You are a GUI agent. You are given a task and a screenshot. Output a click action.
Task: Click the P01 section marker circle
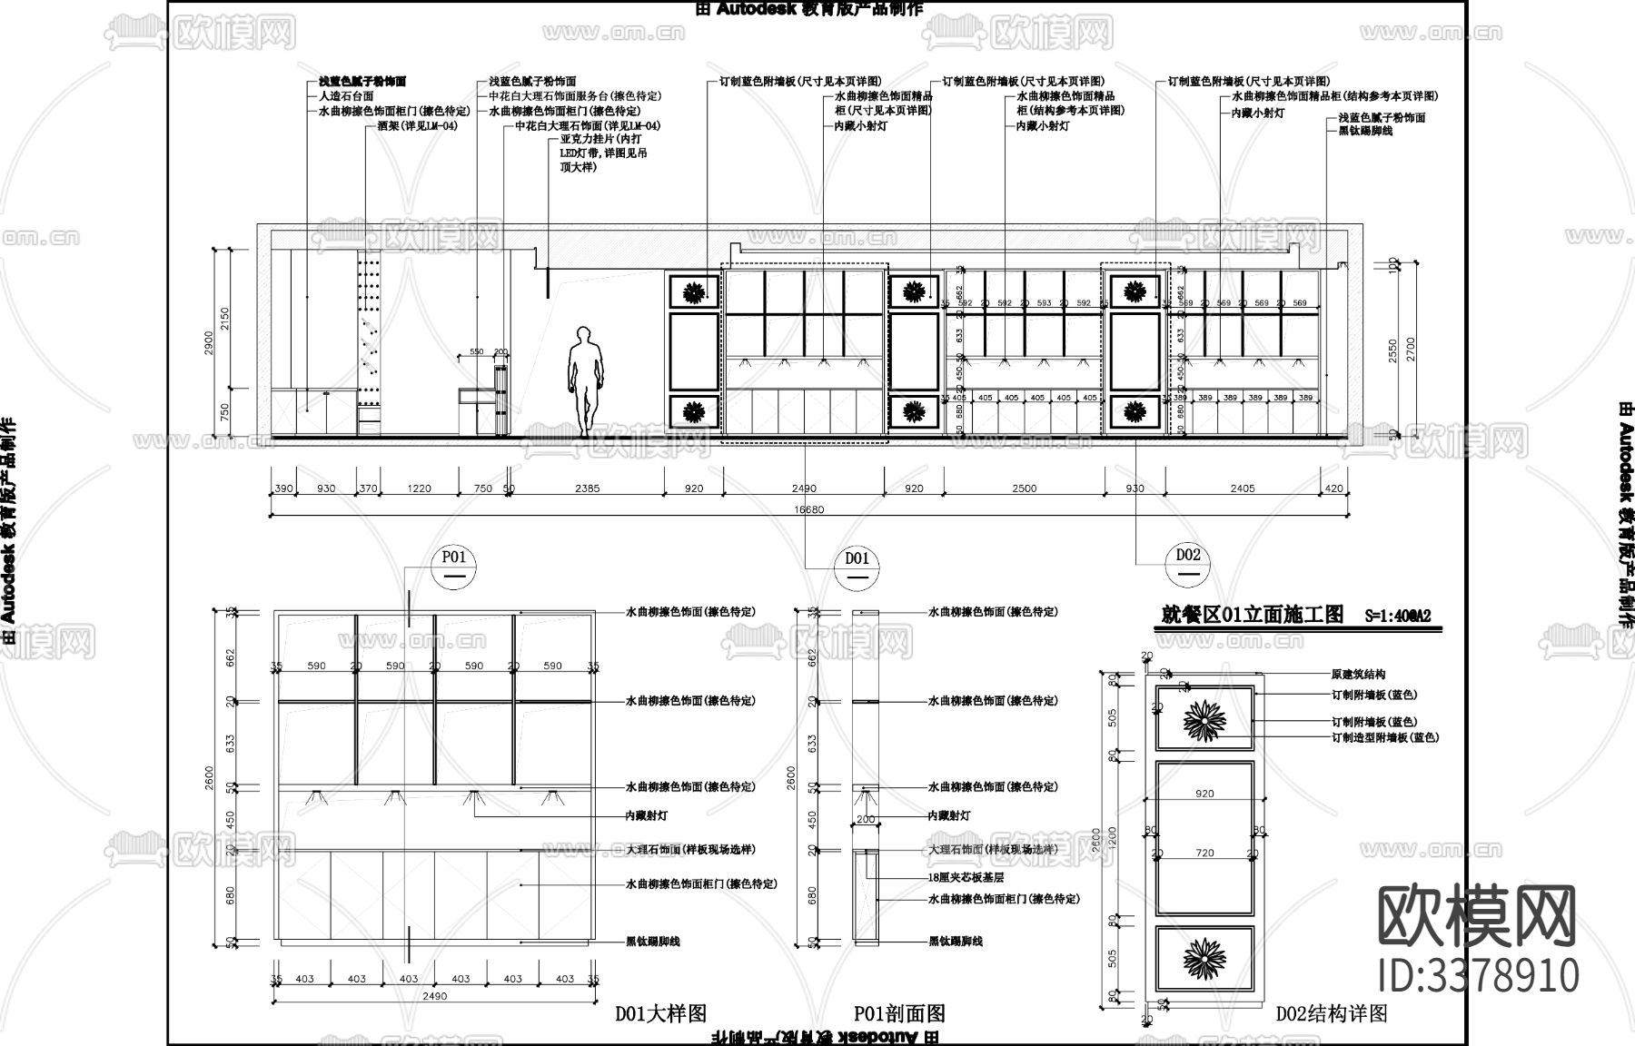coord(453,566)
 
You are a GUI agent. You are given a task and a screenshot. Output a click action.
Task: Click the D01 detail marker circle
coord(857,567)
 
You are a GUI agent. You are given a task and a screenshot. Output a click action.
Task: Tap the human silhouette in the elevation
coord(585,381)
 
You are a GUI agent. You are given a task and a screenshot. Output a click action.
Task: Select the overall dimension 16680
coord(808,509)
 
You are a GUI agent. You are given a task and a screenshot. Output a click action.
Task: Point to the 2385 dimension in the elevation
coord(588,488)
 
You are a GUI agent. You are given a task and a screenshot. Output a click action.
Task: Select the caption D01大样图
coord(660,1013)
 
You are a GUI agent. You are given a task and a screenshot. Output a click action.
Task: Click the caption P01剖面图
coord(899,1013)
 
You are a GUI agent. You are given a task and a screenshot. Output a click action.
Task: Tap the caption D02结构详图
coord(1332,1013)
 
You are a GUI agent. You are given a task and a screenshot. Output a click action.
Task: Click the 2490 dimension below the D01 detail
coord(435,996)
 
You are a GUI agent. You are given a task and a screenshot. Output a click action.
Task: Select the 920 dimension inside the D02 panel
coord(1204,794)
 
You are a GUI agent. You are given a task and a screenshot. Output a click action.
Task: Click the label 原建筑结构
coord(1358,675)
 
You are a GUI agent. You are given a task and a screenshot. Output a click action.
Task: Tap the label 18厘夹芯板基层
coord(966,878)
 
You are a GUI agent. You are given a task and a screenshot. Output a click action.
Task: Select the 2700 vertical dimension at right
coord(1411,348)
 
